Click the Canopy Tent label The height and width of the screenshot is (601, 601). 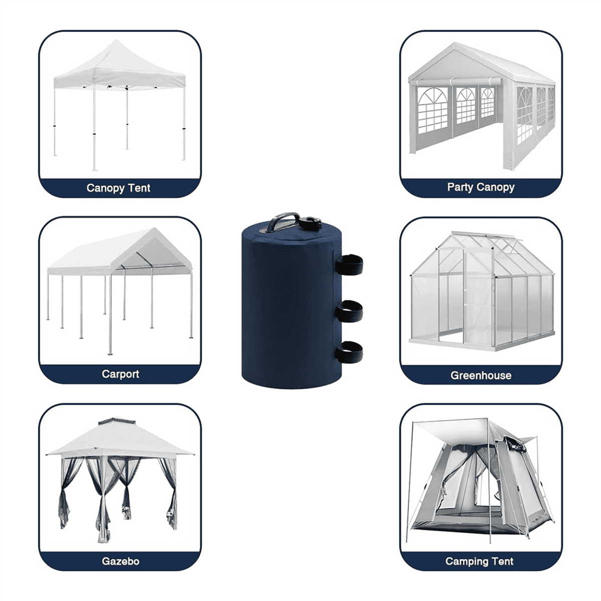pyautogui.click(x=118, y=188)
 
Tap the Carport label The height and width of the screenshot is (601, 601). pyautogui.click(x=120, y=374)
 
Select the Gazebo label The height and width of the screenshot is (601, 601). pyautogui.click(x=120, y=561)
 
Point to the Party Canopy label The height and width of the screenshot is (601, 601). pyautogui.click(x=481, y=187)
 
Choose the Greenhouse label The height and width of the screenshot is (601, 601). pyautogui.click(x=481, y=375)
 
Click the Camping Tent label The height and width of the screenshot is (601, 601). pyautogui.click(x=479, y=561)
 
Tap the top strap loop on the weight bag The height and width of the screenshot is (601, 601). pyautogui.click(x=350, y=264)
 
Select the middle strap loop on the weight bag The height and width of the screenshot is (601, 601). pyautogui.click(x=350, y=311)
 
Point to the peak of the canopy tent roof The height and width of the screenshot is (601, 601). pyautogui.click(x=116, y=40)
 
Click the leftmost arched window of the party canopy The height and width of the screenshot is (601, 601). pyautogui.click(x=432, y=111)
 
